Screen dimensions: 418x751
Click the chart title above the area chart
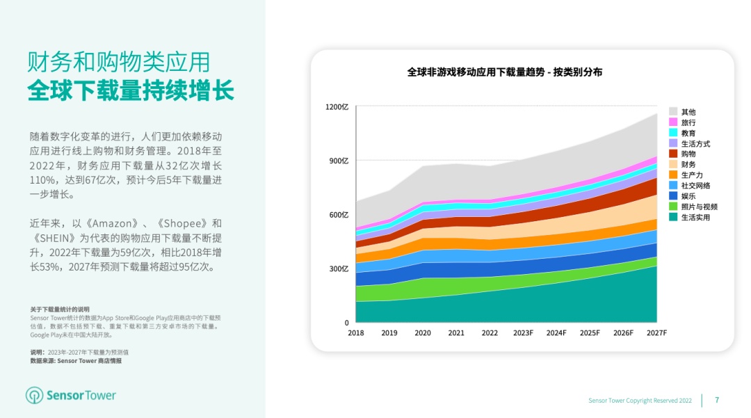click(504, 72)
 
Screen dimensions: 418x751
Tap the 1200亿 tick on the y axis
click(337, 107)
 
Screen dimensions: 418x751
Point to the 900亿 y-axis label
click(337, 161)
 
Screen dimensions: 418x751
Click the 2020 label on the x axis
click(423, 333)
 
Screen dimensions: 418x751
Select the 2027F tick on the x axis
click(656, 333)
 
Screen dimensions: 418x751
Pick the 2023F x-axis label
click(523, 333)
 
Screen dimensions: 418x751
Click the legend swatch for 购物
click(673, 154)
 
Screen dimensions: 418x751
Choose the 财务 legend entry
click(688, 165)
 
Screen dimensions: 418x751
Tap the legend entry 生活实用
click(695, 218)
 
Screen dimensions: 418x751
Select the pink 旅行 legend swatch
click(673, 122)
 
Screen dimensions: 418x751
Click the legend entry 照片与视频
click(699, 207)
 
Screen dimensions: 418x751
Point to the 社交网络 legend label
click(695, 186)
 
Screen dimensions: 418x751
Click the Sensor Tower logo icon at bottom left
click(34, 396)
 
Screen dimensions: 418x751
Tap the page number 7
click(717, 400)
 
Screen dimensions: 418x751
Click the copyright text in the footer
click(640, 401)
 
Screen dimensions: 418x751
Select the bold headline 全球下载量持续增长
click(131, 91)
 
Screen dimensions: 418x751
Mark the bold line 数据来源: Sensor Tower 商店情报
click(75, 361)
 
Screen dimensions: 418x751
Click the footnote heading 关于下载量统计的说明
click(60, 310)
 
